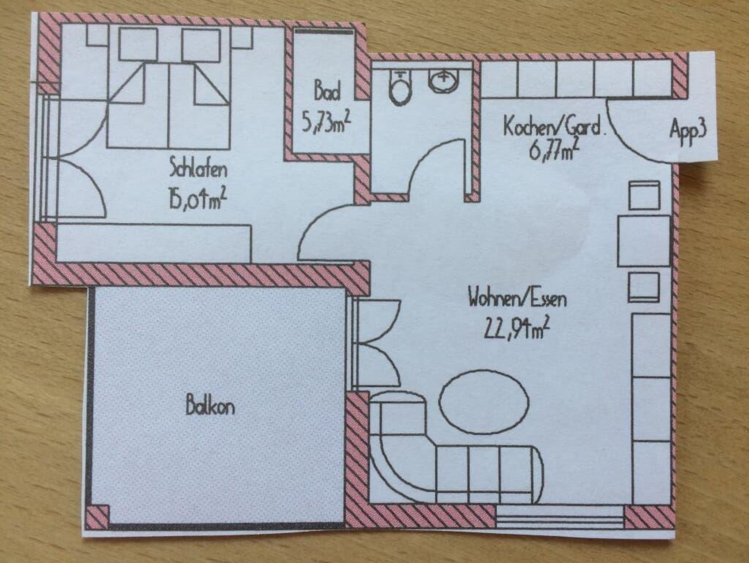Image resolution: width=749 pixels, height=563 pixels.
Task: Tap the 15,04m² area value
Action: pos(197,200)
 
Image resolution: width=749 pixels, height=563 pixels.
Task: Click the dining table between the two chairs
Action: pos(644,241)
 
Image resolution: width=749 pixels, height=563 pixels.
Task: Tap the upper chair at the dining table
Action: pos(644,195)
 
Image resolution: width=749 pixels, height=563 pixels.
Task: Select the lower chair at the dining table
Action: pos(644,288)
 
